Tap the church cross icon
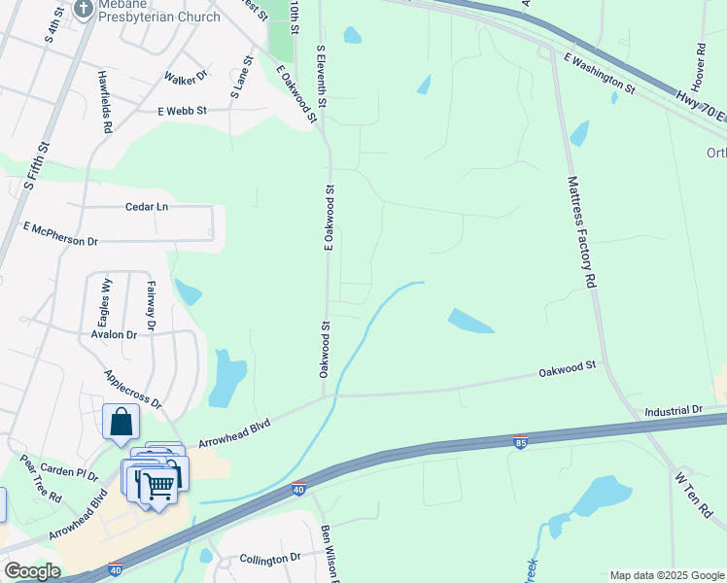click(x=84, y=10)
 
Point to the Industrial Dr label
click(x=673, y=411)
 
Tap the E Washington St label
click(x=599, y=74)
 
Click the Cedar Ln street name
click(x=147, y=207)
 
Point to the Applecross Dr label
click(x=132, y=388)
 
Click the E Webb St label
click(x=183, y=112)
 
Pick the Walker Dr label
click(x=186, y=76)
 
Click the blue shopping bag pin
click(x=121, y=422)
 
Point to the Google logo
click(x=32, y=571)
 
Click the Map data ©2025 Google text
click(x=666, y=575)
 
